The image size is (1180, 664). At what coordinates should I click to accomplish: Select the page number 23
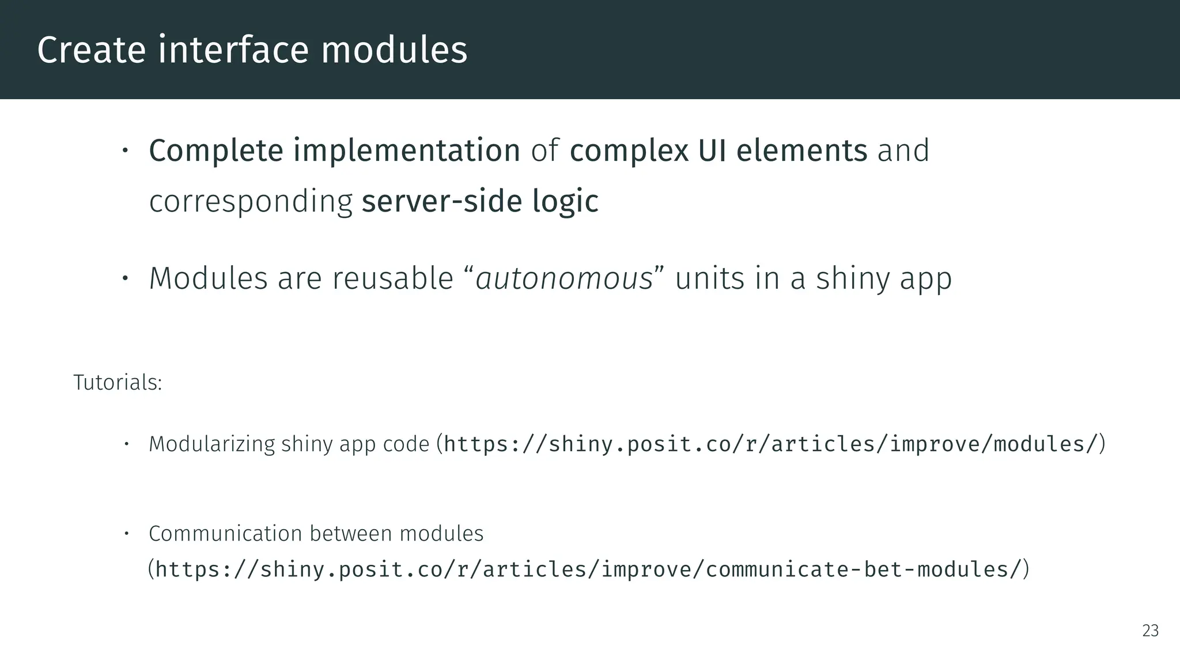point(1150,631)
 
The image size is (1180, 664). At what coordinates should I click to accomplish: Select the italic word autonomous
point(564,278)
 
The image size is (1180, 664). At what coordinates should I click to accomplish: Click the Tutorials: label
point(118,383)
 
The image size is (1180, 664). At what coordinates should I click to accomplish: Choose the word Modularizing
point(212,444)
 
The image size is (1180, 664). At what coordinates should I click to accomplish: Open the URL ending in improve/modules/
point(771,444)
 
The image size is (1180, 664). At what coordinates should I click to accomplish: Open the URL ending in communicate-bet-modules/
point(588,569)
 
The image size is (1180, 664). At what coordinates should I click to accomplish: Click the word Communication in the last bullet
point(225,534)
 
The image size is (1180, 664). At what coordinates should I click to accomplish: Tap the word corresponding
point(251,201)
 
